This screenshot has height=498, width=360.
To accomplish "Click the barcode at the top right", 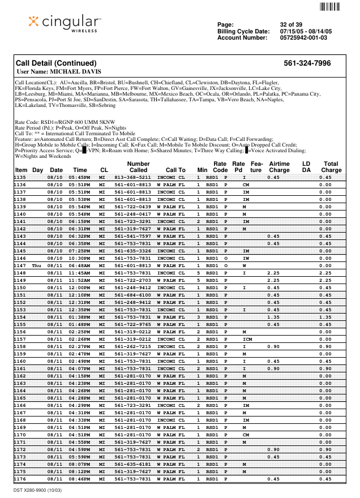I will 330,7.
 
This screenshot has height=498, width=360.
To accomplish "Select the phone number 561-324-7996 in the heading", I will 307,63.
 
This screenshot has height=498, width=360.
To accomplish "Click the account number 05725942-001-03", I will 303,38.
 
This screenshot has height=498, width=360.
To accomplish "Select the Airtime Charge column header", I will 279,166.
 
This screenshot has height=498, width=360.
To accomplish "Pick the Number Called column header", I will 138,166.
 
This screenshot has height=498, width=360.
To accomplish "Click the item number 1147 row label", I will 20,265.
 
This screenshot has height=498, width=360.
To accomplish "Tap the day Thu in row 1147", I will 37,265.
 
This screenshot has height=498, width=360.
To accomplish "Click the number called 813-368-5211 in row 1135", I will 132,177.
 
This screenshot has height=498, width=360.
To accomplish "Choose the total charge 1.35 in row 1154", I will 325,317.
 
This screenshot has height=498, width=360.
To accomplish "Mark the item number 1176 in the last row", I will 20,479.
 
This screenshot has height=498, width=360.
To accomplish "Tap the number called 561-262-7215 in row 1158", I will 132,346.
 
